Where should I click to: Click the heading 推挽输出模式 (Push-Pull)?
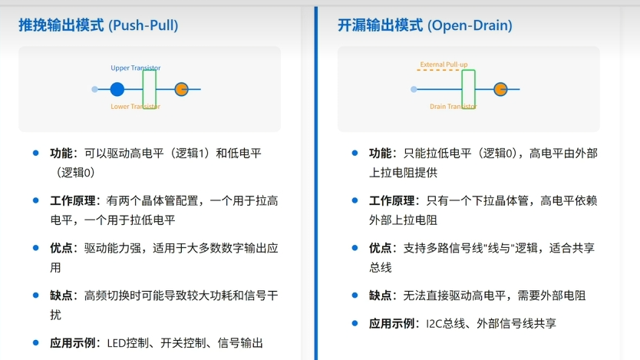pyautogui.click(x=98, y=25)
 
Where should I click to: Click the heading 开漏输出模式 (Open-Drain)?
pyautogui.click(x=424, y=25)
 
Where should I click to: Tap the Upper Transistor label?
pyautogui.click(x=135, y=68)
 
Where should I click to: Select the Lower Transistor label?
pyautogui.click(x=135, y=107)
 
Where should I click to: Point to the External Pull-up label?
pyautogui.click(x=444, y=64)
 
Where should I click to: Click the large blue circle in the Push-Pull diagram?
pyautogui.click(x=117, y=89)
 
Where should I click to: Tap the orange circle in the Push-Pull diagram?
pyautogui.click(x=181, y=89)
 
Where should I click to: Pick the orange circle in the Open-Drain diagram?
pyautogui.click(x=500, y=89)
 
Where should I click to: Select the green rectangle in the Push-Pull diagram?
pyautogui.click(x=150, y=89)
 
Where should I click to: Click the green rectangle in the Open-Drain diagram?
pyautogui.click(x=468, y=89)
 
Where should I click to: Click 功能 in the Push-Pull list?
pyautogui.click(x=64, y=154)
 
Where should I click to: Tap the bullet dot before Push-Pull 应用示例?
pyautogui.click(x=35, y=343)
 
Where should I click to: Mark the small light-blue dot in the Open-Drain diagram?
pyautogui.click(x=414, y=89)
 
